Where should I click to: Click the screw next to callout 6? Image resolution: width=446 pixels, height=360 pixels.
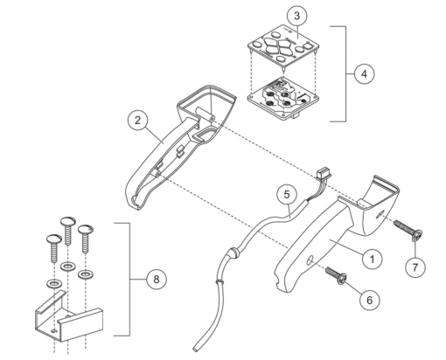tap(337, 277)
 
